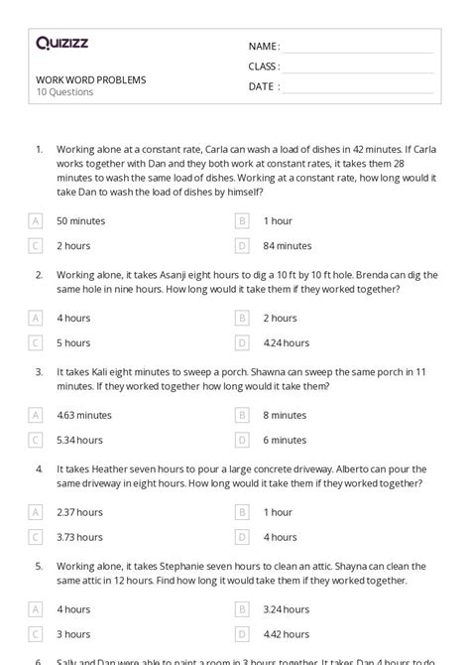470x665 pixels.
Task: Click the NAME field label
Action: pos(264,47)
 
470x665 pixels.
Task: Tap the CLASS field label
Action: pos(264,66)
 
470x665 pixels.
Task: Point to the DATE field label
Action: pos(263,86)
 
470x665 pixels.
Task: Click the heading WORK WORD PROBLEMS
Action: pos(90,79)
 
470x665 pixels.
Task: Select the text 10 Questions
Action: pos(64,92)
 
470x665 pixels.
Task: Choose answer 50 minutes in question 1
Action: pos(80,220)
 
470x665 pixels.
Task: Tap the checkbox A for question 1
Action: pos(36,220)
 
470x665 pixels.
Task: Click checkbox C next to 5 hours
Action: pos(36,342)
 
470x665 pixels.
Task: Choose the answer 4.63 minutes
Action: pos(84,415)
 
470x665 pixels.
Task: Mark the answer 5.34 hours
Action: pos(79,440)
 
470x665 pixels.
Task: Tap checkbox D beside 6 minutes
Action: pos(242,440)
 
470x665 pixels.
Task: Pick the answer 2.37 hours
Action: pos(79,512)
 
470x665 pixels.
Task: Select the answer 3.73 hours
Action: pos(79,537)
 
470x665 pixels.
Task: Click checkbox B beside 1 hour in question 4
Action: pos(242,512)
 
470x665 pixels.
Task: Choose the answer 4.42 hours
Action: pos(286,634)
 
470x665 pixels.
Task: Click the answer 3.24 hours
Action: pos(286,609)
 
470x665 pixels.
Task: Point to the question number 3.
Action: pos(39,372)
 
